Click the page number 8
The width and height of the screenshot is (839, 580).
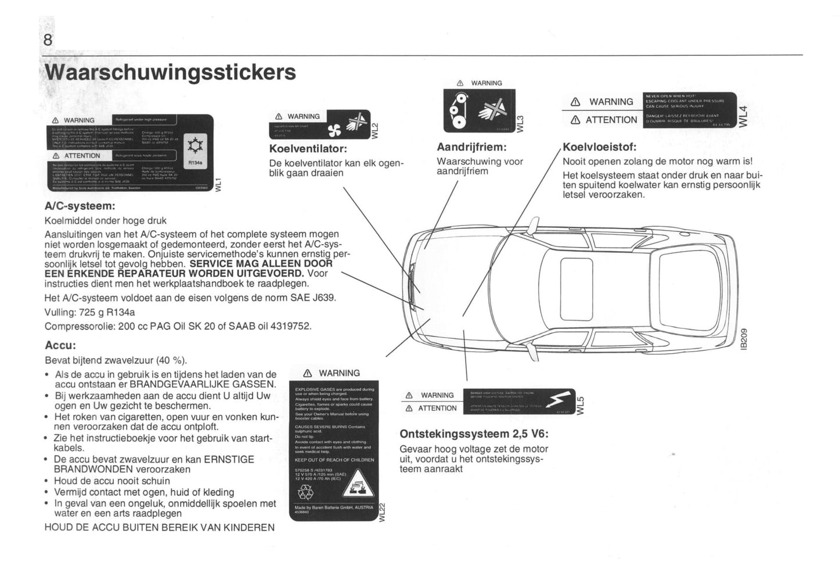[48, 40]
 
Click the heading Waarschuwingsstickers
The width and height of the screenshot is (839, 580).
[170, 73]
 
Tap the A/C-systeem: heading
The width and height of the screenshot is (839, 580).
[80, 206]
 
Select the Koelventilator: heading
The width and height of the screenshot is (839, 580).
[308, 149]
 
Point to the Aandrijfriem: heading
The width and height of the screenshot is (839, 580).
[471, 148]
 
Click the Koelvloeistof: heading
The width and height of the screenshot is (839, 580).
[599, 147]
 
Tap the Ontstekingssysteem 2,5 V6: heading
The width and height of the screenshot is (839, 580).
[474, 434]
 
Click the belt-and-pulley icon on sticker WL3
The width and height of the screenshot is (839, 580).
[459, 110]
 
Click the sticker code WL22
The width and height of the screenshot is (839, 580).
[381, 511]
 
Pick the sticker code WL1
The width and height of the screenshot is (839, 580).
[218, 184]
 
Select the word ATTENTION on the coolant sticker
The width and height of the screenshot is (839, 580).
[611, 120]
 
